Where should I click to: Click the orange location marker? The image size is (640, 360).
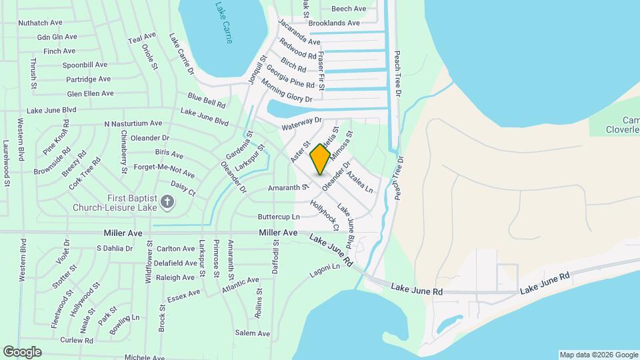pyautogui.click(x=320, y=159)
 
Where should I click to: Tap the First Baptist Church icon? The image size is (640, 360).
pyautogui.click(x=167, y=199)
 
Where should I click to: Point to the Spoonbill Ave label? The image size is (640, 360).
pyautogui.click(x=85, y=65)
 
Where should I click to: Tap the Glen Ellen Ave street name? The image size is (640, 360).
pyautogui.click(x=90, y=94)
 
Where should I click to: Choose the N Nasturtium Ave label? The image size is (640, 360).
pyautogui.click(x=133, y=123)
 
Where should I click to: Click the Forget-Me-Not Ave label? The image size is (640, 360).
pyautogui.click(x=164, y=171)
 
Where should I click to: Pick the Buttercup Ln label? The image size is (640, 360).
pyautogui.click(x=279, y=217)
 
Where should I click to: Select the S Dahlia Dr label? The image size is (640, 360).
pyautogui.click(x=115, y=248)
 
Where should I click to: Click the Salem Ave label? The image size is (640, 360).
pyautogui.click(x=252, y=333)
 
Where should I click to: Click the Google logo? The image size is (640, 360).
pyautogui.click(x=23, y=351)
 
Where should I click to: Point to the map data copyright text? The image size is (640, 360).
pyautogui.click(x=598, y=354)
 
